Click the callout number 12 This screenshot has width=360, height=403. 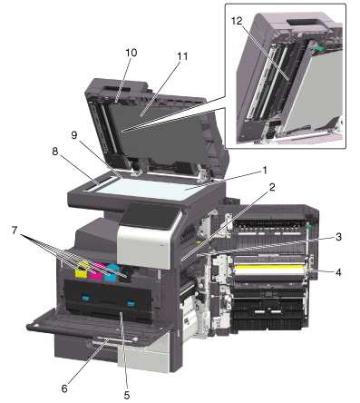pyautogui.click(x=237, y=21)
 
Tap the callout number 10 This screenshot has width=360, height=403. pyautogui.click(x=131, y=53)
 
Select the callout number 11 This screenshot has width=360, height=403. pyautogui.click(x=182, y=56)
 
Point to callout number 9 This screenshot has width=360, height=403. pyautogui.click(x=74, y=135)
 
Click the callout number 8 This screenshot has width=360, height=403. pyautogui.click(x=55, y=152)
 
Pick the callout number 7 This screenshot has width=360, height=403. pyautogui.click(x=15, y=231)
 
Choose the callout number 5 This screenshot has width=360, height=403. pyautogui.click(x=127, y=395)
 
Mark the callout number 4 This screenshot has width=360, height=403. pyautogui.click(x=338, y=272)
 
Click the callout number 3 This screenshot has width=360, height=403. pyautogui.click(x=338, y=237)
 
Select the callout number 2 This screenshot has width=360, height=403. pyautogui.click(x=272, y=187)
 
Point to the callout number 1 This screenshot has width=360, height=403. pyautogui.click(x=265, y=171)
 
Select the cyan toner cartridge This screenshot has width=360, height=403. pyautogui.click(x=112, y=272)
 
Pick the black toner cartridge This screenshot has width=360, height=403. pyautogui.click(x=126, y=275)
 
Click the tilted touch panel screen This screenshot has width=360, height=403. pyautogui.click(x=151, y=215)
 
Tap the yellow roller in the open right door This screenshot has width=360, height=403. pyautogui.click(x=269, y=268)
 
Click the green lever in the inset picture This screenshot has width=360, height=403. pyautogui.click(x=318, y=48)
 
